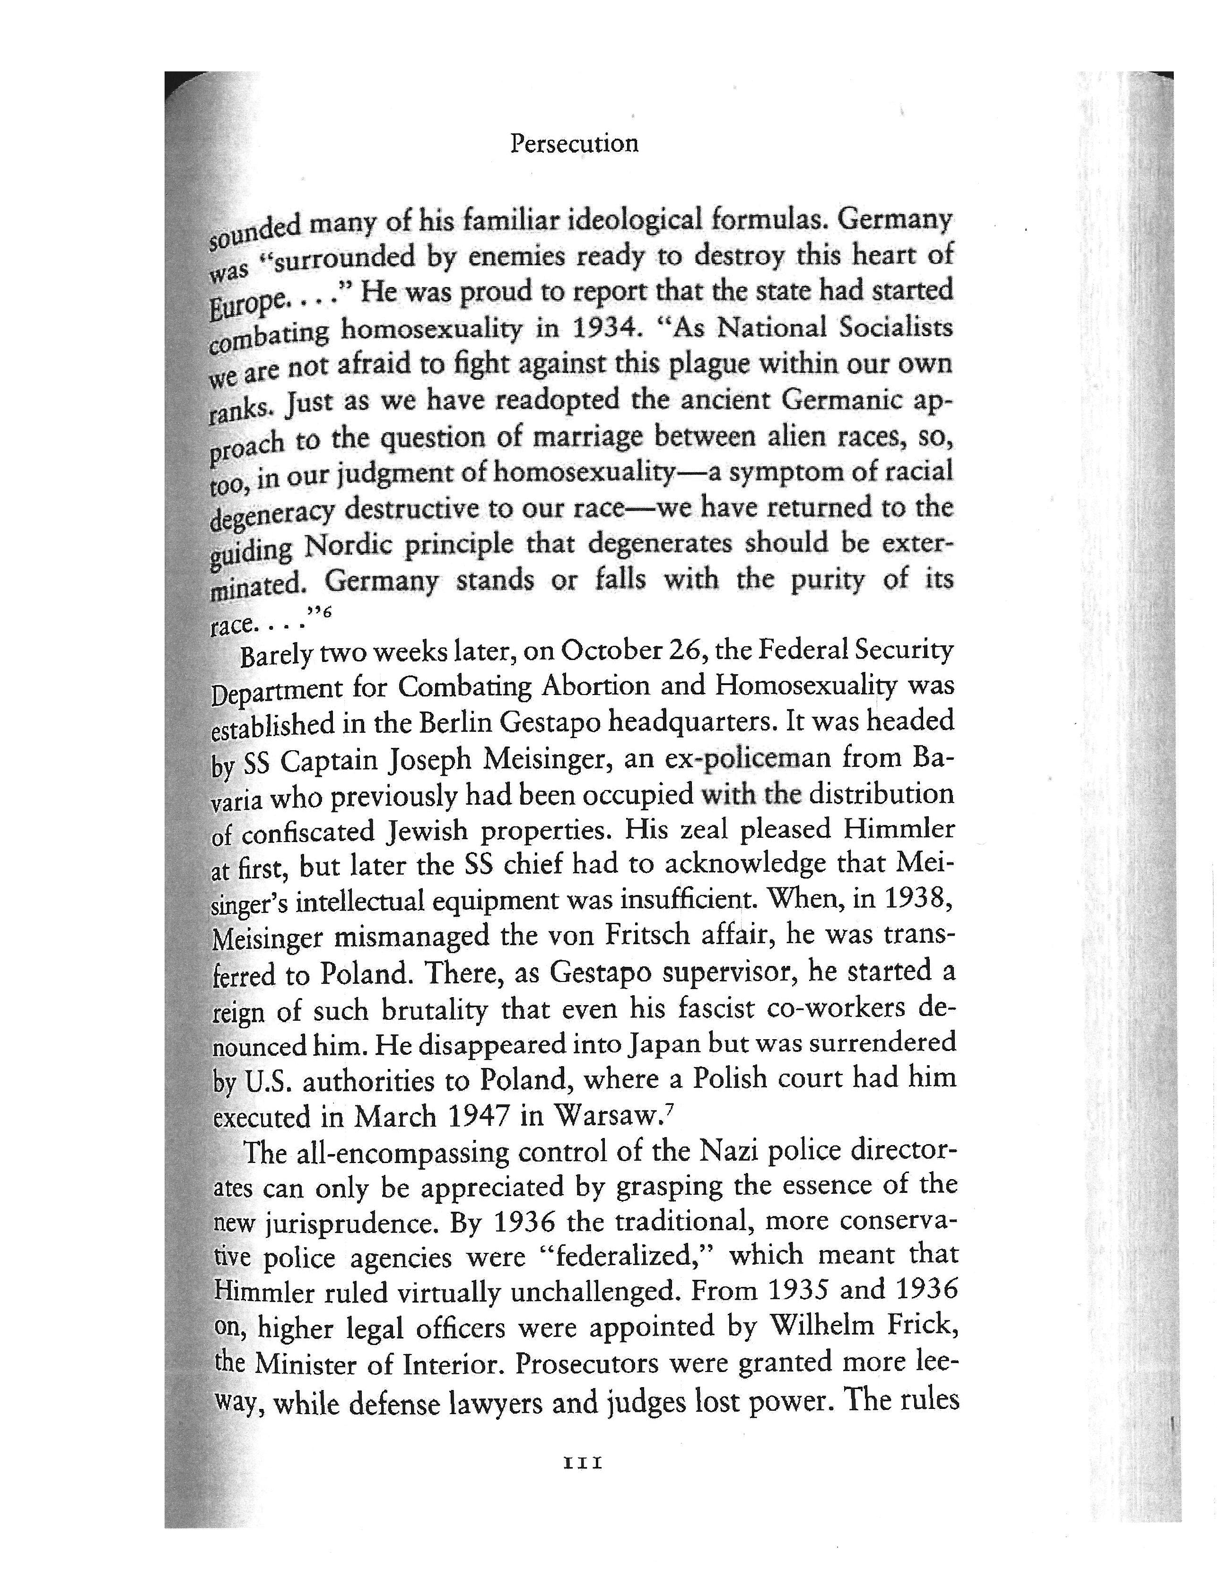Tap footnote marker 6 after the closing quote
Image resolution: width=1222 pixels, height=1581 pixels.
[x=327, y=612]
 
